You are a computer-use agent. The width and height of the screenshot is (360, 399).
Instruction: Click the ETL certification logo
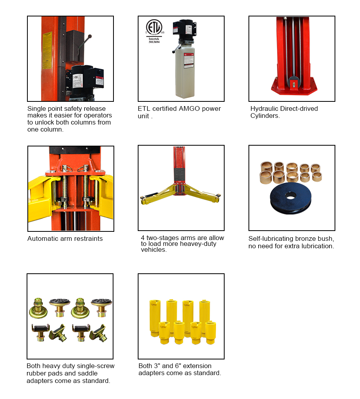point(154,27)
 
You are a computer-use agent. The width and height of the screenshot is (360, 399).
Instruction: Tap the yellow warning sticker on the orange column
point(47,50)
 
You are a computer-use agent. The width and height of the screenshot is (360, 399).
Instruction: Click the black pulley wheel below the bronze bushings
point(291,198)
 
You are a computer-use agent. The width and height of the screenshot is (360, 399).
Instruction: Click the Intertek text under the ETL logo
point(154,39)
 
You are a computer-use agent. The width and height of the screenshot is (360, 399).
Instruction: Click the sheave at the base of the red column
point(293,83)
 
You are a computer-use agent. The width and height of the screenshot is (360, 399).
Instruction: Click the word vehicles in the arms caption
point(154,250)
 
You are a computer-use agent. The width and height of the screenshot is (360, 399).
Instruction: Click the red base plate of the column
point(294,87)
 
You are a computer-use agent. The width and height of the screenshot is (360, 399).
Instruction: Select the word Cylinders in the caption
point(265,116)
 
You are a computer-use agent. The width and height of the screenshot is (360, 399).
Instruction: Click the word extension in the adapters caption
point(197,366)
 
